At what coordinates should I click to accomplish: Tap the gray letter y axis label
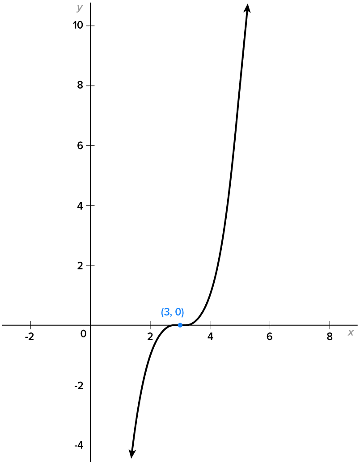coord(80,8)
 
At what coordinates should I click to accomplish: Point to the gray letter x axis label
coord(351,332)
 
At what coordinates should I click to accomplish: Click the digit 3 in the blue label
coord(166,312)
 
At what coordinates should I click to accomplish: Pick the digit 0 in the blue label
coord(178,312)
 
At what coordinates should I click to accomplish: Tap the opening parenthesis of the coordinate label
coord(162,312)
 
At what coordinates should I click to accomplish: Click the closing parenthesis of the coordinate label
coord(183,312)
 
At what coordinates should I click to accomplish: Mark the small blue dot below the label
coord(180,325)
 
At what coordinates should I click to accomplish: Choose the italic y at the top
coord(80,8)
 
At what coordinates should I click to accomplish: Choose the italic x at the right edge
coord(351,332)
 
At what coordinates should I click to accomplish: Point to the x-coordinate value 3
coord(166,312)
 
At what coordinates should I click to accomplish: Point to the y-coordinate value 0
coord(178,312)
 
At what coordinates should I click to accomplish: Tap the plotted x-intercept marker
coord(180,325)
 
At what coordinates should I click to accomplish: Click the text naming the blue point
coord(173,312)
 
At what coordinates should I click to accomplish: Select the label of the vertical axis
coord(80,8)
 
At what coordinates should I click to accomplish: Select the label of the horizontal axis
coord(351,332)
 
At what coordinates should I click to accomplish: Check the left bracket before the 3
coord(162,312)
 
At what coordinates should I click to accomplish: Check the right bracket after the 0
coord(183,312)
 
